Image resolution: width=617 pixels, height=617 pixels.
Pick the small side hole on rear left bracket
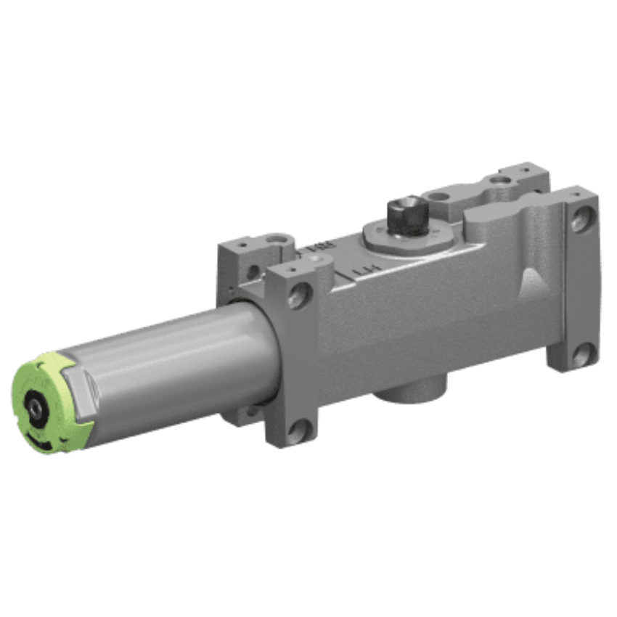[251, 272]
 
